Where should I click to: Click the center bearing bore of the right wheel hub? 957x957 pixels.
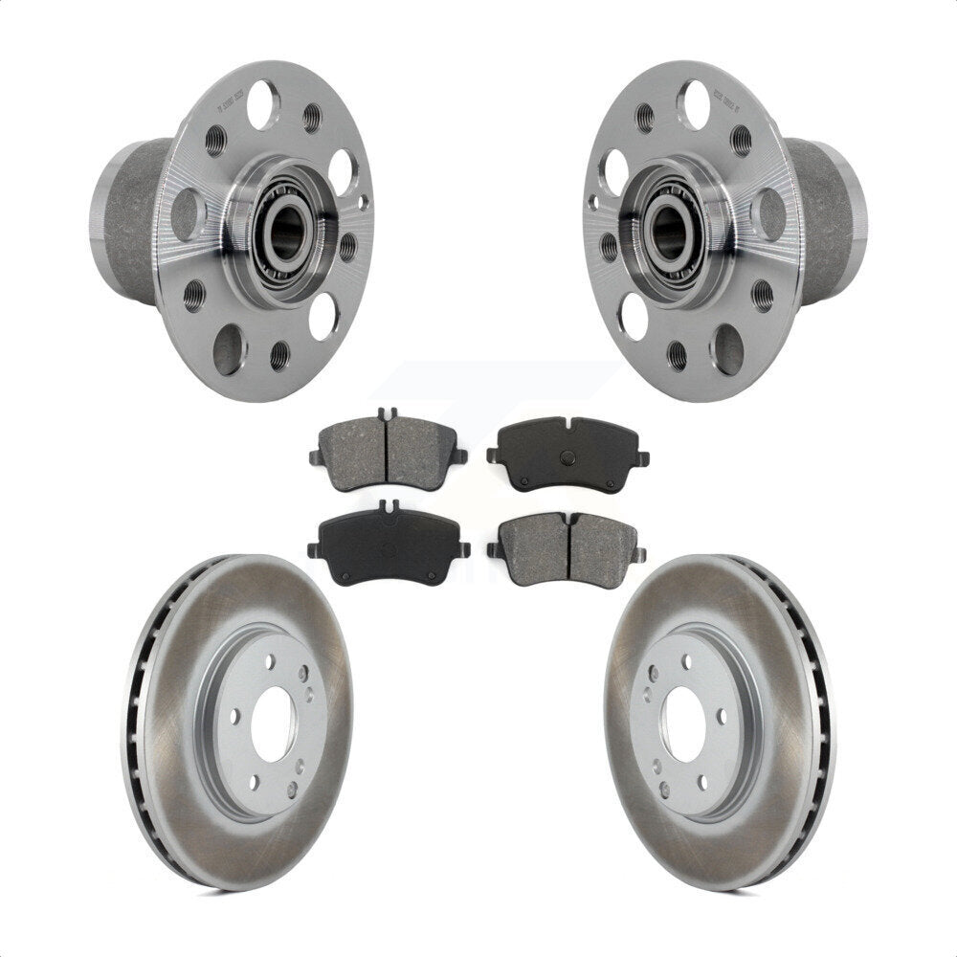(670, 231)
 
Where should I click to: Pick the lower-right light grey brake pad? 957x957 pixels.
(568, 548)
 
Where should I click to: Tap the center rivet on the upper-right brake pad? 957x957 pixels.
(568, 456)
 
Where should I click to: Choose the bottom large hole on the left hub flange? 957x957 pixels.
(228, 350)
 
